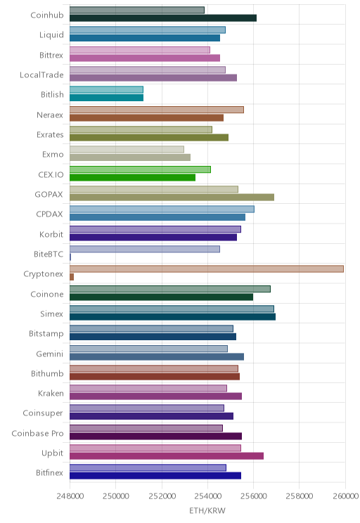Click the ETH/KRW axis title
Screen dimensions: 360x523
[x=207, y=510]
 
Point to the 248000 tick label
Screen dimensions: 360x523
[x=70, y=496]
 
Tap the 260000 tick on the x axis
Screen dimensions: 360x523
[x=345, y=496]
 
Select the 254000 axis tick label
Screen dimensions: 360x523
[x=207, y=496]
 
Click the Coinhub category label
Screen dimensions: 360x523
[x=46, y=15]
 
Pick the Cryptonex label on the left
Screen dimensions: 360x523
[x=43, y=274]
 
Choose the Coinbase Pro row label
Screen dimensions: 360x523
[x=37, y=433]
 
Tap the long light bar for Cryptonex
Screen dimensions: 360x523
[x=207, y=269]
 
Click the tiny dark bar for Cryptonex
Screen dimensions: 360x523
[x=72, y=277]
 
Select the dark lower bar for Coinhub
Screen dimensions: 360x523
[x=163, y=18]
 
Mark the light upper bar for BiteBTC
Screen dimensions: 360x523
[x=145, y=249]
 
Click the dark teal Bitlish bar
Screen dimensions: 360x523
[x=106, y=98]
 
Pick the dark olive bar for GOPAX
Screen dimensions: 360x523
[x=172, y=198]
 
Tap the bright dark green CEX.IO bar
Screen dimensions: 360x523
[x=132, y=177]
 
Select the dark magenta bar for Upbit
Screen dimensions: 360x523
[x=167, y=456]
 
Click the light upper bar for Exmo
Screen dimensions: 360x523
[x=127, y=150]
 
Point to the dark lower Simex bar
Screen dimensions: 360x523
[x=172, y=317]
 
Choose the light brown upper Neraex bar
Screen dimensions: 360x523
[x=157, y=110]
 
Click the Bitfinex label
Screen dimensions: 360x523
[x=49, y=472]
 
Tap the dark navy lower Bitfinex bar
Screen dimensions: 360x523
[x=155, y=476]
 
